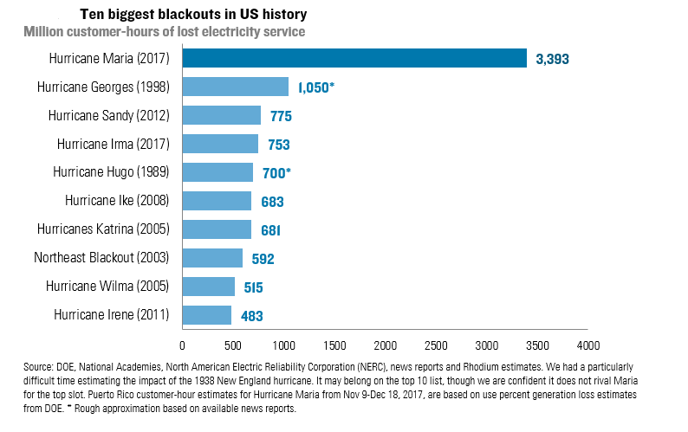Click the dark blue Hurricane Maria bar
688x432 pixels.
tap(354, 59)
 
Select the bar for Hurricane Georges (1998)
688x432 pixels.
tap(235, 87)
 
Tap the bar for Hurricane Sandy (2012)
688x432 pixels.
tap(221, 115)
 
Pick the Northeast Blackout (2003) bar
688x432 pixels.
tap(212, 258)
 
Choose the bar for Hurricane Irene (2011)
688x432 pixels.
tap(207, 315)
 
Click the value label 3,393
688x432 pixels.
tap(552, 60)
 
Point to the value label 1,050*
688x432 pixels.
tap(316, 88)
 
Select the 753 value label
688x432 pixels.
tap(279, 145)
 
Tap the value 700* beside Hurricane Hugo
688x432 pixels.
tap(276, 173)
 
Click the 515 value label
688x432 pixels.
tap(252, 287)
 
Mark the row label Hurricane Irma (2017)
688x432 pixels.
tap(113, 144)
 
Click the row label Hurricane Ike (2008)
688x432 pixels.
tap(117, 201)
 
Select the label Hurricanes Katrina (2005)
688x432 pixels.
tap(103, 229)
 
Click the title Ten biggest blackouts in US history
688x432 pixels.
tap(192, 16)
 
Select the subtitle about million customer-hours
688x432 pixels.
tap(164, 32)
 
